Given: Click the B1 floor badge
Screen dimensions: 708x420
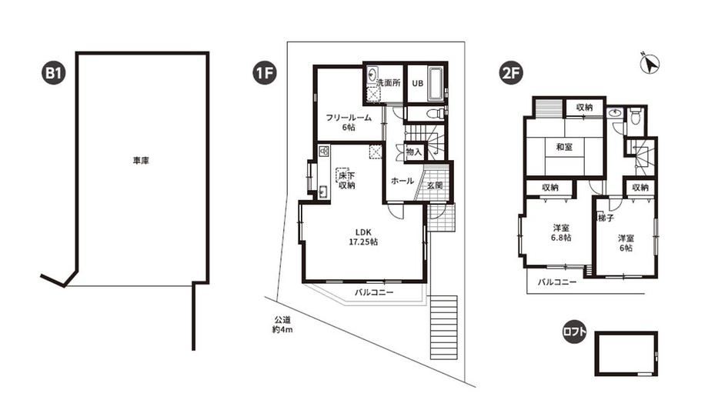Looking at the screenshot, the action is point(53,73).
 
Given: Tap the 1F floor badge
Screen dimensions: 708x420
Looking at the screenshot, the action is point(265,73).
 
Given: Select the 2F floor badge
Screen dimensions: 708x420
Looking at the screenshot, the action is point(510,73).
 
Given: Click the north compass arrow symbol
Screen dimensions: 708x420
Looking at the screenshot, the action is point(650,64).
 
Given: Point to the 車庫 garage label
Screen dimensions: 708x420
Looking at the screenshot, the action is point(141,161).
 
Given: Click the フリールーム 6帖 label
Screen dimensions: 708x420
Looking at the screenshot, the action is point(349,122).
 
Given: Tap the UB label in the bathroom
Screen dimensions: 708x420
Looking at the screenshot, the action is point(417,83).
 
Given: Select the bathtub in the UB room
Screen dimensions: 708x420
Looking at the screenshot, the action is point(436,85).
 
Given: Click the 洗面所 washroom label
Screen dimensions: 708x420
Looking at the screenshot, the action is point(389,83).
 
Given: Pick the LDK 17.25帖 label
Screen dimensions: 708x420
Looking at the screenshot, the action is point(363,237).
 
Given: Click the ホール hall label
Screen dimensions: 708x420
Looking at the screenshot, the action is point(402,181).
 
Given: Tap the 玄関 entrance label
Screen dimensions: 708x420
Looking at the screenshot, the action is point(434,185).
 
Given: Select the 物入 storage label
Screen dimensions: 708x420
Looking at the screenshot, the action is point(413,152).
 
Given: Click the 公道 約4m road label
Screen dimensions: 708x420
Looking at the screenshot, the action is point(282,325).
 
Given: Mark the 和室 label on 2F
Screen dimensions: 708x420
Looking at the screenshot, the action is point(564,147).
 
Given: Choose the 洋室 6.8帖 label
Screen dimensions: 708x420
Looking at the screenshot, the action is point(562,232).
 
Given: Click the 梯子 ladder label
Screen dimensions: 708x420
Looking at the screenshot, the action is point(606,218).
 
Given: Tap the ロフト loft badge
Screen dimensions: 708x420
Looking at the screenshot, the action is point(574,333).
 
